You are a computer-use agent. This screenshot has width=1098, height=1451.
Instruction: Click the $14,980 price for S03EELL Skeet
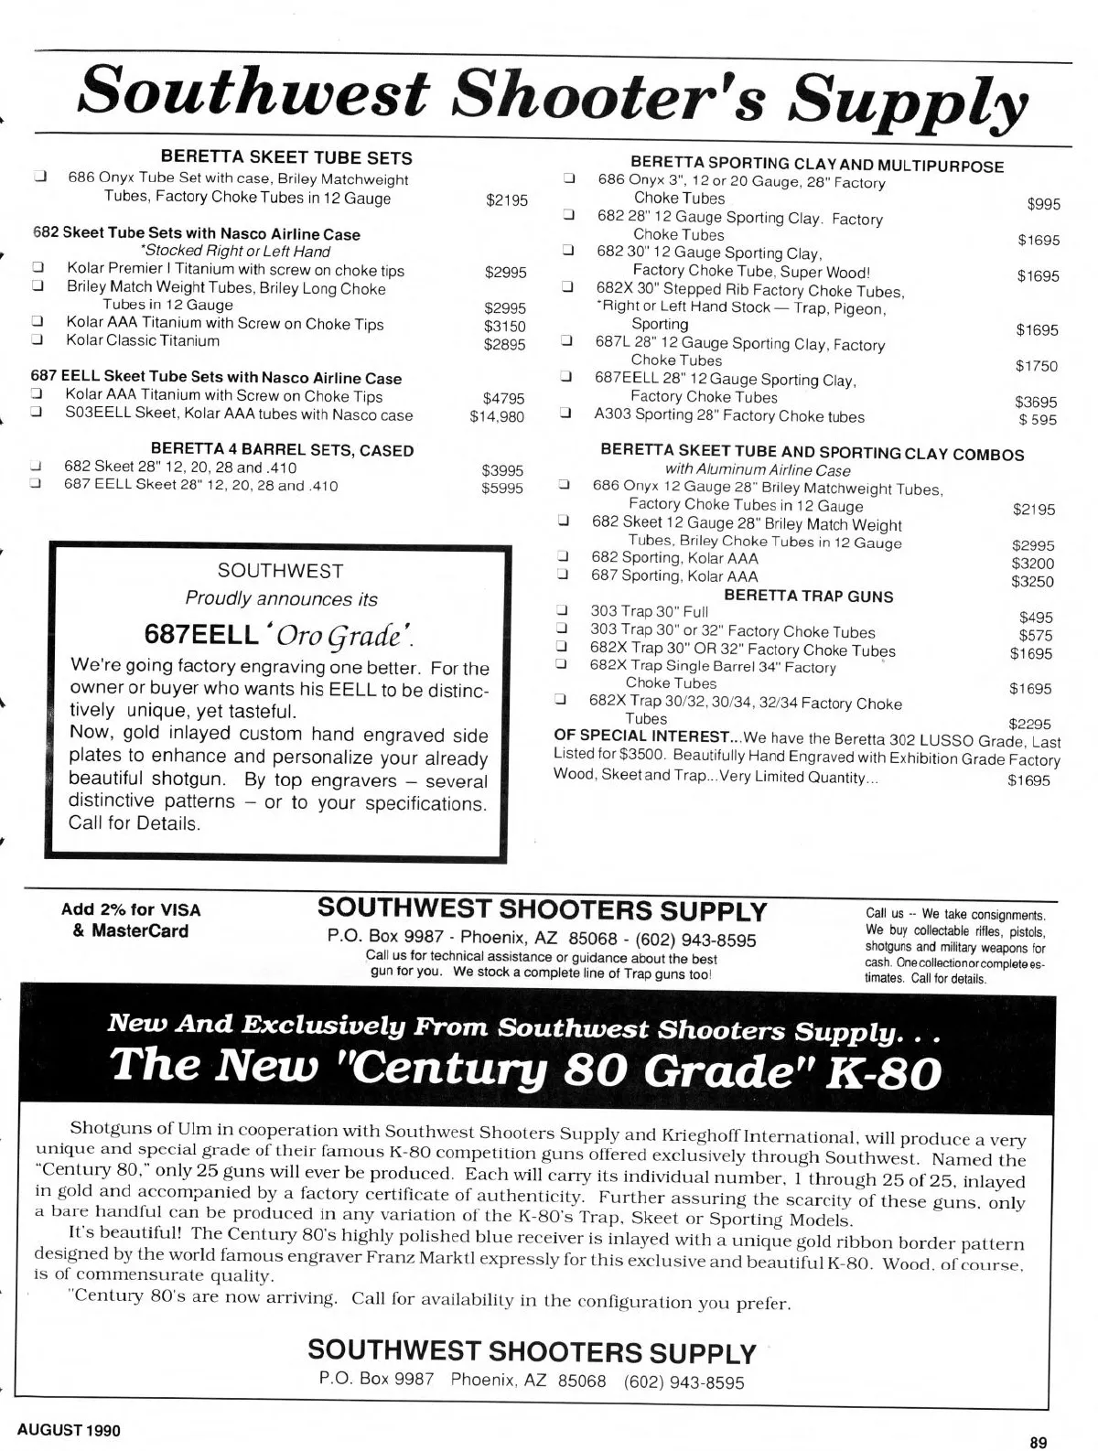click(497, 416)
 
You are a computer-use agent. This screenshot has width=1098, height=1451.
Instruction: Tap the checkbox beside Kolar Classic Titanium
click(38, 340)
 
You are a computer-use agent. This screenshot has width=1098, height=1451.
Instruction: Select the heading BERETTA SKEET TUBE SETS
click(286, 158)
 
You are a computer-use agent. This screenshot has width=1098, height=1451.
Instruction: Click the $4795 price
click(503, 398)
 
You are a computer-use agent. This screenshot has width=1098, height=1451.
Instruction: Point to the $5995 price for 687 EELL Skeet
click(502, 488)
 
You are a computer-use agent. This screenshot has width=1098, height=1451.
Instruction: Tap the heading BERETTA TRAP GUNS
click(808, 596)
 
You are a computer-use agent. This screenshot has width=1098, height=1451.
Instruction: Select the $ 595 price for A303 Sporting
click(1038, 420)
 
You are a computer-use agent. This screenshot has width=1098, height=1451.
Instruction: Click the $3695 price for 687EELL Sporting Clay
click(1036, 402)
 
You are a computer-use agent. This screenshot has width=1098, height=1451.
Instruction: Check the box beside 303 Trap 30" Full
click(563, 610)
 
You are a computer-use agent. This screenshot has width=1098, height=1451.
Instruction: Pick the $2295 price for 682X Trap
click(1029, 723)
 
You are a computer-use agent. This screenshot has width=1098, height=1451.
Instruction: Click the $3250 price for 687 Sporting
click(1032, 581)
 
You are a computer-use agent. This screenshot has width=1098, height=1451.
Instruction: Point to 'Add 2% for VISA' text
click(131, 910)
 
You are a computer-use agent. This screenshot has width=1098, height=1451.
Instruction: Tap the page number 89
click(1038, 1443)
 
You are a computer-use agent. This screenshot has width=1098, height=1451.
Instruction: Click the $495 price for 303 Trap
click(1036, 618)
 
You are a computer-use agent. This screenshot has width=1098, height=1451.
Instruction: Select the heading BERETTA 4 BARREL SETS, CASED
click(282, 450)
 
